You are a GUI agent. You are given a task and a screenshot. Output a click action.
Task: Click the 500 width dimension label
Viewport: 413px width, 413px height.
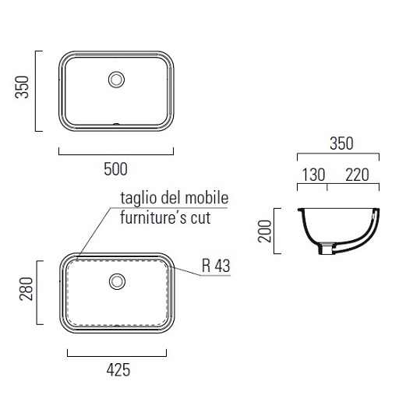115,169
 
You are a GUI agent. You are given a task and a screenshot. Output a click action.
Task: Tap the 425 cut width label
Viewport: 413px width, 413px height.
118,370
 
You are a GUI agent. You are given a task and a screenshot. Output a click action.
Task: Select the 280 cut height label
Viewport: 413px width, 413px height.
26,289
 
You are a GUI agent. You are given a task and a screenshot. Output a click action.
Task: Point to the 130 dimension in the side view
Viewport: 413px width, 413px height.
313,175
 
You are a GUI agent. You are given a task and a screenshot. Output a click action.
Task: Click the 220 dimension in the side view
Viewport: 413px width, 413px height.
357,175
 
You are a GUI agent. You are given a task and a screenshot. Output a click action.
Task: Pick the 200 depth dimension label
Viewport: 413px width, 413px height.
264,231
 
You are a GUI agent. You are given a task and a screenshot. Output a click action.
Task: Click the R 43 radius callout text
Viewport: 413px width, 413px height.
216,266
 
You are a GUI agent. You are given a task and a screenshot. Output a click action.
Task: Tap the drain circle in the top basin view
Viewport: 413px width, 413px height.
116,79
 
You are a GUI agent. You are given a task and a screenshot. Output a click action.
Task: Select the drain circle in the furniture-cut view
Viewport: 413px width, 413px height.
117,281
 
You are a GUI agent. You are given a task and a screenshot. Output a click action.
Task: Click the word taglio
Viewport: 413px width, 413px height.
139,199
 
